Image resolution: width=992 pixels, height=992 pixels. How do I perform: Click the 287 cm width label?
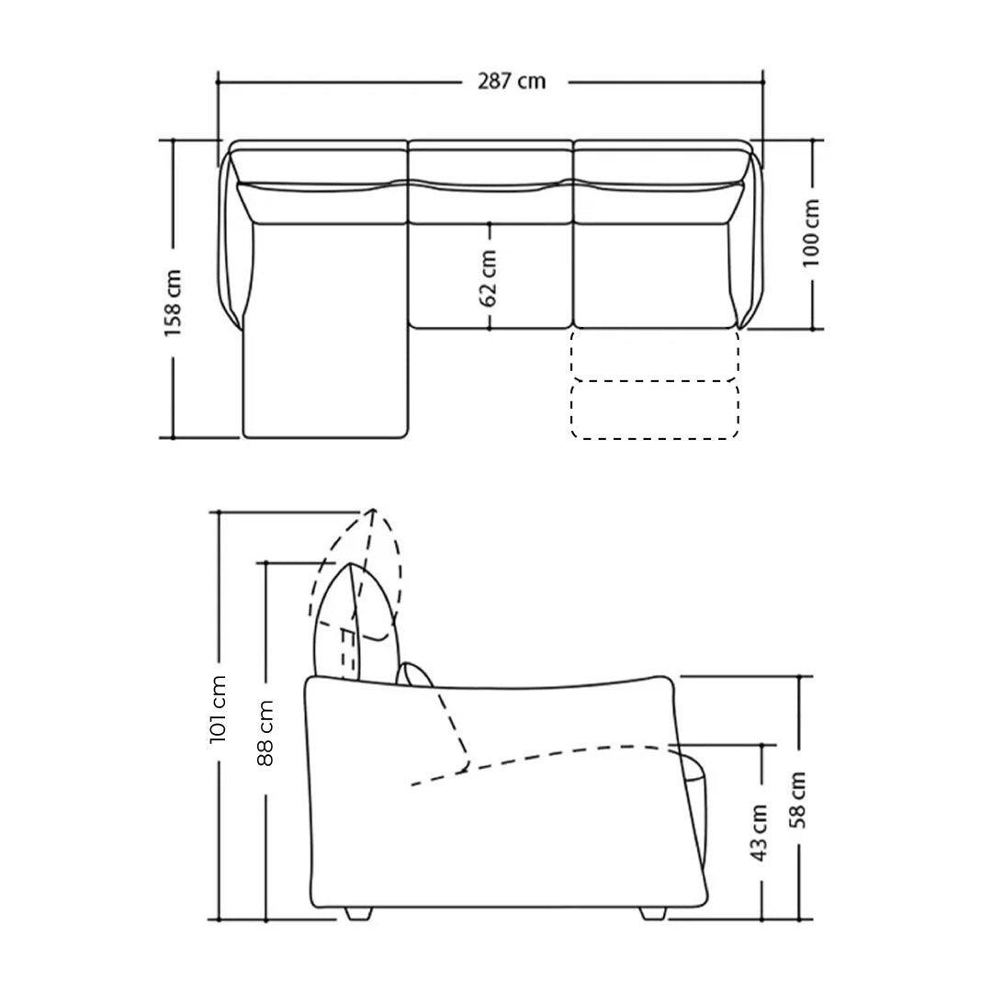(x=512, y=82)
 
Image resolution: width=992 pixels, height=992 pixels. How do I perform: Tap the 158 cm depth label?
(x=173, y=302)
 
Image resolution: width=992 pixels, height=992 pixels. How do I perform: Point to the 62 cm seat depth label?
(x=489, y=277)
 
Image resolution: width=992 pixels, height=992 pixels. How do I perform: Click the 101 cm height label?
(x=218, y=708)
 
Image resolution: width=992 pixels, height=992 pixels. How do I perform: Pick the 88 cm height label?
(x=265, y=733)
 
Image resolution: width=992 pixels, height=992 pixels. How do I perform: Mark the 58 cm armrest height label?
(x=798, y=800)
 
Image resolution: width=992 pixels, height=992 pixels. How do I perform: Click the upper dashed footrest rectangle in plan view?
(x=654, y=355)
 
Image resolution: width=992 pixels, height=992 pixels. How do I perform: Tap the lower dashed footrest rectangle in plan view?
(x=654, y=410)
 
